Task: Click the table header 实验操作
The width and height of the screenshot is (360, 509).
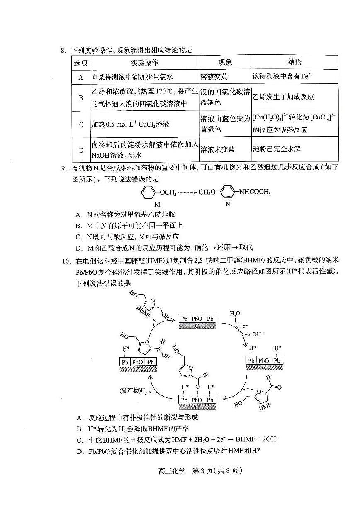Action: pos(144,63)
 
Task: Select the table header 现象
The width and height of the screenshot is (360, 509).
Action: pos(225,63)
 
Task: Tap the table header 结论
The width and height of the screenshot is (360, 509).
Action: pos(294,63)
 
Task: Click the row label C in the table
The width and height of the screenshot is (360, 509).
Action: pos(81,124)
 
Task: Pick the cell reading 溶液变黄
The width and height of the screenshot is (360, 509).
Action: pos(214,77)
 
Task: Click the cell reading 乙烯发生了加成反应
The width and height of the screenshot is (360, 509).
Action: pos(283,97)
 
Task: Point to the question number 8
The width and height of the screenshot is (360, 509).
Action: pos(63,50)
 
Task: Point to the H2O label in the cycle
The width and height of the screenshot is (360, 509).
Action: pos(235,313)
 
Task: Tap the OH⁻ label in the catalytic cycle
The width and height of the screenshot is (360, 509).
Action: pos(258,334)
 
